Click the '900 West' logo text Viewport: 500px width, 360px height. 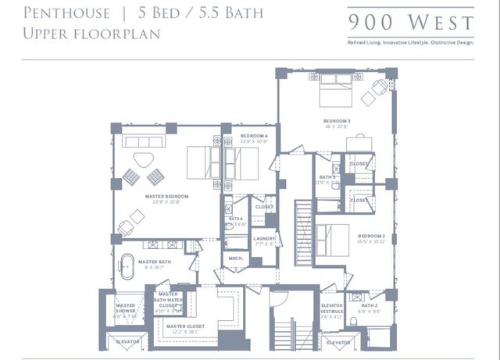(x=411, y=21)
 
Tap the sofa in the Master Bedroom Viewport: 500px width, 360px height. (x=142, y=143)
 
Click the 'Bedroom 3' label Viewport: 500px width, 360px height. (x=337, y=121)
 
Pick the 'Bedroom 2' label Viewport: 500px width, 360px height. (x=371, y=236)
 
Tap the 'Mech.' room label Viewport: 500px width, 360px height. (x=235, y=258)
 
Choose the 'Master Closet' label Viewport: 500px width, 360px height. (x=185, y=326)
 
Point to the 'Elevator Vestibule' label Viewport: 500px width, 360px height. (x=332, y=308)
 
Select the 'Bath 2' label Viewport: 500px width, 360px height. (x=370, y=305)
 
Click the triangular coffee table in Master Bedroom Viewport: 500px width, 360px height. (x=143, y=160)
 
